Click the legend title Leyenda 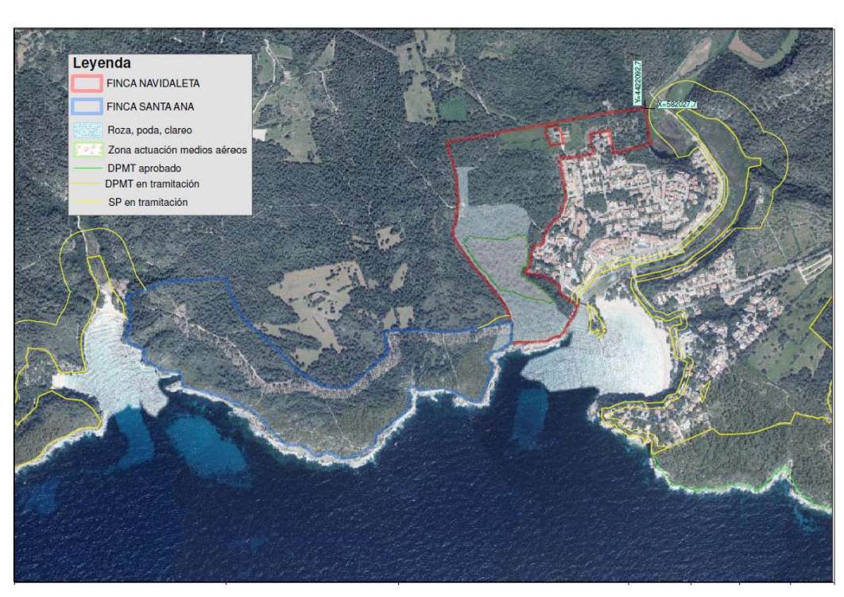coord(102,63)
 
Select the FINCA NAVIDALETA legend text coord(153,83)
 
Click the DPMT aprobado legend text coord(144,169)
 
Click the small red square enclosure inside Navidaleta coord(555,136)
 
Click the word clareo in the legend coord(177,130)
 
